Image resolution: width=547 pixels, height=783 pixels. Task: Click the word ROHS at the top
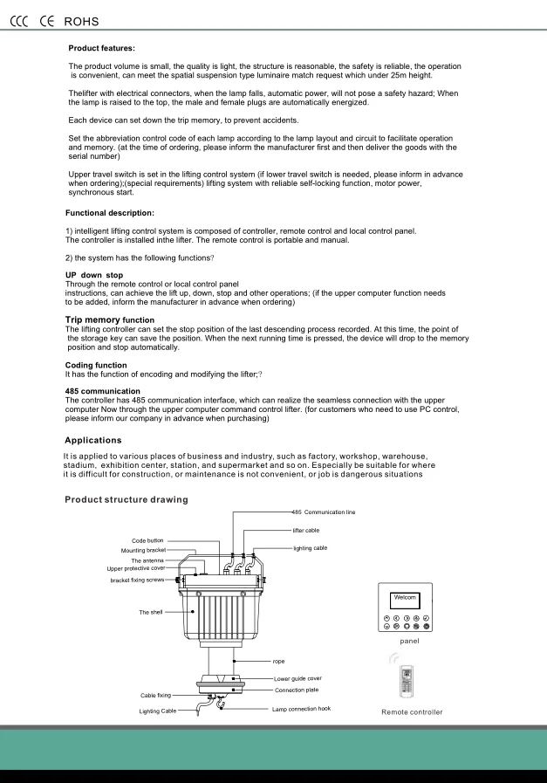point(82,21)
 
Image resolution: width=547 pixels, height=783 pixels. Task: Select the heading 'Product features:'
point(101,48)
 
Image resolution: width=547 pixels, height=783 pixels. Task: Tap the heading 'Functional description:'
point(110,213)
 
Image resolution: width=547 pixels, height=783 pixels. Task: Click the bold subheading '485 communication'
point(102,391)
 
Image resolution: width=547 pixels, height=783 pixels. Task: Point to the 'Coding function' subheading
point(96,365)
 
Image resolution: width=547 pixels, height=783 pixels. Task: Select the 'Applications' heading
point(93,440)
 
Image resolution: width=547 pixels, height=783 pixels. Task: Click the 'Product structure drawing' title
point(126,499)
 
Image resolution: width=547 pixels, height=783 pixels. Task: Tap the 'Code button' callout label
point(147,541)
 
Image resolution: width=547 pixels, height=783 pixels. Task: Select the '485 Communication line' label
point(324,512)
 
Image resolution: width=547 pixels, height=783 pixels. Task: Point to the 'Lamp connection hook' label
point(301,709)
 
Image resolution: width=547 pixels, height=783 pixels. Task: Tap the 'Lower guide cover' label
point(297,678)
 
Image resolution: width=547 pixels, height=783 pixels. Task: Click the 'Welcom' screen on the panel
point(405,598)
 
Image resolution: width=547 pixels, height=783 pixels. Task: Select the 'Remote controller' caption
point(412,712)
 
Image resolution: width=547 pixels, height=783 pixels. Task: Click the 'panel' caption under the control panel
point(409,641)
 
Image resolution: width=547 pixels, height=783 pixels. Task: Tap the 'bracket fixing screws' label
point(136,580)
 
